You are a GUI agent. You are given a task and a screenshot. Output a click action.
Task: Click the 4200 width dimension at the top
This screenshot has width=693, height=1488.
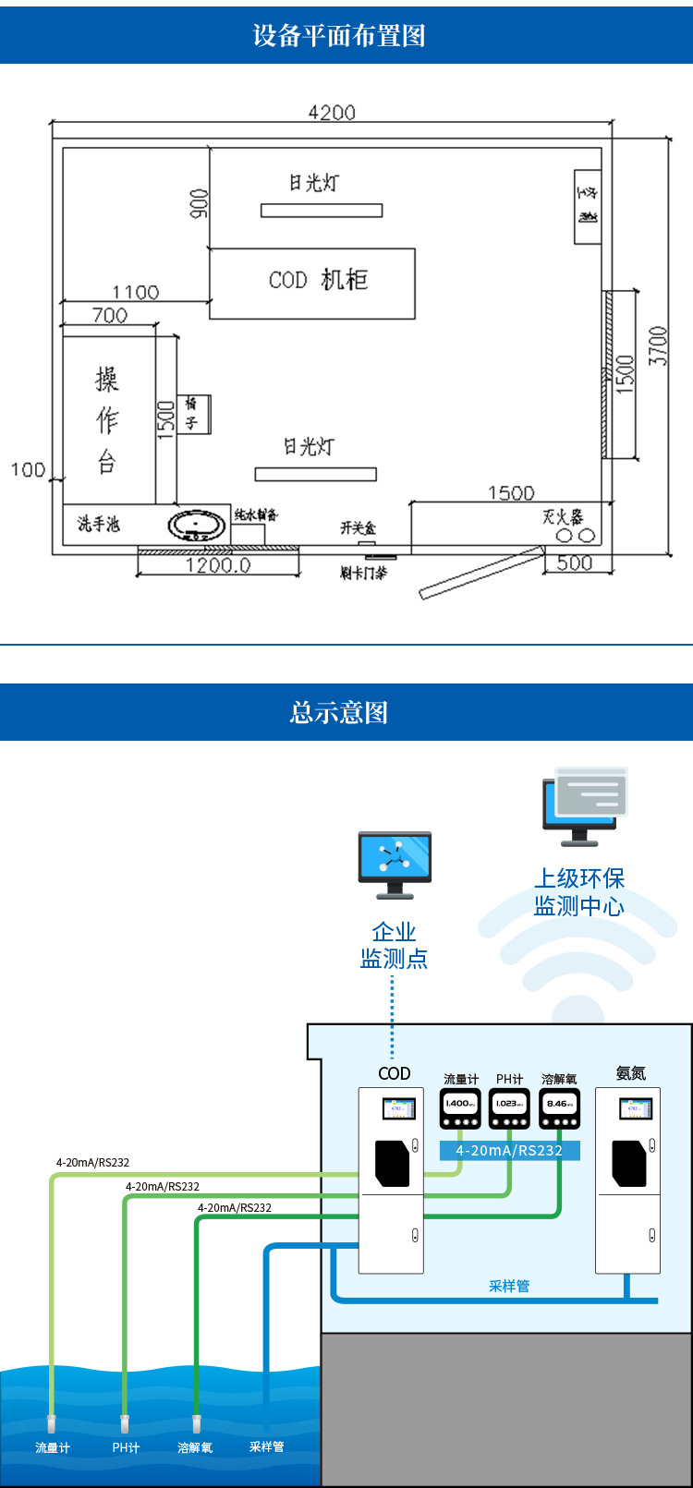point(331,112)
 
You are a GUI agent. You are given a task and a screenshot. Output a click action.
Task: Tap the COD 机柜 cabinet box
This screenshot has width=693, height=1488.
point(312,283)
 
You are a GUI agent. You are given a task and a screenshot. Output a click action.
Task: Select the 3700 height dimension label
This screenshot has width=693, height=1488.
point(658,345)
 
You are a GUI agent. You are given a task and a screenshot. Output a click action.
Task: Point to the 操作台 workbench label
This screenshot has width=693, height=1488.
point(107,420)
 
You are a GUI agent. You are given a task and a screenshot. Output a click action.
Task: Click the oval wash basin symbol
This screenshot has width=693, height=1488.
point(196,526)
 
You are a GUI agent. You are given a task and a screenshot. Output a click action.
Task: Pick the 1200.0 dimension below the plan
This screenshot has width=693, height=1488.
point(218,565)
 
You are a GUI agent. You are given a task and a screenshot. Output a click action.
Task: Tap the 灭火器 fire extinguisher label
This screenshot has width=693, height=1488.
point(562,516)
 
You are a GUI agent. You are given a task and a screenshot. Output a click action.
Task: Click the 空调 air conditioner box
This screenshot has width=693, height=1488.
point(588,207)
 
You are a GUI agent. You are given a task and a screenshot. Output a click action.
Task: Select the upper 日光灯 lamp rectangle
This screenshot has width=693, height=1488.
point(322,211)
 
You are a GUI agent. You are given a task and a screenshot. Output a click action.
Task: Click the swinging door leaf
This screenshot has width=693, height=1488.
point(480,573)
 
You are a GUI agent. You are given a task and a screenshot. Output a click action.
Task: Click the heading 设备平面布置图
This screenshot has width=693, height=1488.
point(339,35)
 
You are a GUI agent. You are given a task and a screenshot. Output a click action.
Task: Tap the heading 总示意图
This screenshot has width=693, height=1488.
point(339,712)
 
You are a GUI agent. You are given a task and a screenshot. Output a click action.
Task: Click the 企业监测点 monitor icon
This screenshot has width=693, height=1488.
point(395,861)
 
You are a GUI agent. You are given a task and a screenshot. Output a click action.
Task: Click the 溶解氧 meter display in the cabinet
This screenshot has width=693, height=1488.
point(559,1105)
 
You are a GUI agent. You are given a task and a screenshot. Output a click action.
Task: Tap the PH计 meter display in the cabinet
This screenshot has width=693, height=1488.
point(509,1105)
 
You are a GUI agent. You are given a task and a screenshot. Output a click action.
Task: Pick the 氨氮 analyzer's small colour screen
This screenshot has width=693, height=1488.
point(635,1107)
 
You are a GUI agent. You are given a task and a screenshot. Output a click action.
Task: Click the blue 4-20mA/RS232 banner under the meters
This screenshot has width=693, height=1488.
point(509,1150)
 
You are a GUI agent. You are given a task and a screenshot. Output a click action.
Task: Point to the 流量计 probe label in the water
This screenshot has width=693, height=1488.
point(53,1447)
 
